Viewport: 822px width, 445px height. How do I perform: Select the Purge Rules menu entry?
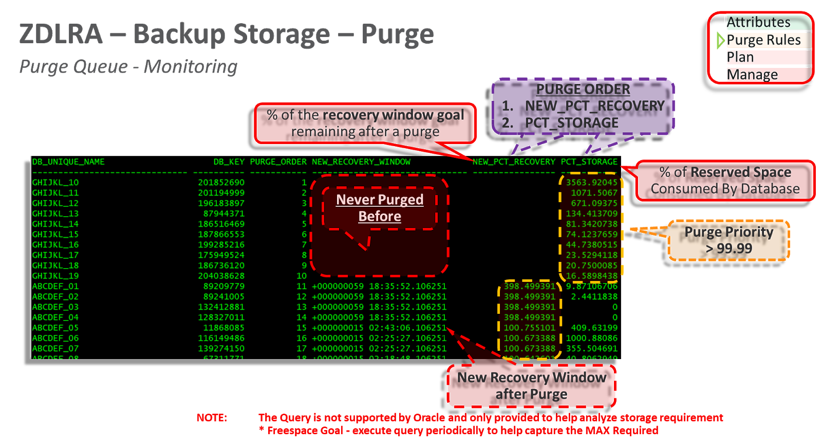click(x=763, y=40)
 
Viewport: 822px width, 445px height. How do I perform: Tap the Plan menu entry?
click(x=740, y=57)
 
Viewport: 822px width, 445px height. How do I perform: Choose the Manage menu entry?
click(x=752, y=75)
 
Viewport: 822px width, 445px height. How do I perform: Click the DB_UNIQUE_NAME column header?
click(x=68, y=162)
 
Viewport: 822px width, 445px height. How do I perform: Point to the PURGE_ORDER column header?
click(x=278, y=162)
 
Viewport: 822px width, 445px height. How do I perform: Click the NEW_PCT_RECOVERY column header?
click(x=514, y=162)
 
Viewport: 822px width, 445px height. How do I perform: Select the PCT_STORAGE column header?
click(x=589, y=162)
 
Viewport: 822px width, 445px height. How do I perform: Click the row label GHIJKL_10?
click(x=55, y=183)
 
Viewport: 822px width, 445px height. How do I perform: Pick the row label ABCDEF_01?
click(x=55, y=287)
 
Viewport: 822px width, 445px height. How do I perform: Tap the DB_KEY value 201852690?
click(x=221, y=183)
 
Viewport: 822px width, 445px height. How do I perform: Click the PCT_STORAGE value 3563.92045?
click(x=591, y=183)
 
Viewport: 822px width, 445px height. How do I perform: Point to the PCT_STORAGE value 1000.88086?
click(x=591, y=339)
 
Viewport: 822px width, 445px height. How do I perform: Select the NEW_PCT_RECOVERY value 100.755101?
click(x=529, y=328)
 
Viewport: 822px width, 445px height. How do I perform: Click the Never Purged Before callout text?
click(x=380, y=208)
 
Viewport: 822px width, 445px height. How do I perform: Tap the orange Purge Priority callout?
click(x=728, y=240)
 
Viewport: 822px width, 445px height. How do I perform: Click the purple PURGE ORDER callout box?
click(x=583, y=106)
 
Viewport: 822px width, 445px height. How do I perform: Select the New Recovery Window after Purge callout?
click(x=531, y=386)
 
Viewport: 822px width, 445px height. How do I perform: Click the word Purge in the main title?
click(x=397, y=34)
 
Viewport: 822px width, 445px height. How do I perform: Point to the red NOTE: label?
click(x=212, y=418)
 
